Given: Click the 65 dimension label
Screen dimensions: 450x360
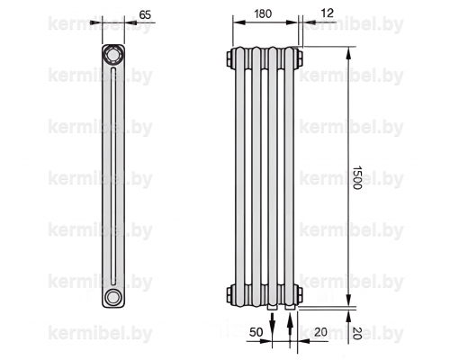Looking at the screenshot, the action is (145, 14).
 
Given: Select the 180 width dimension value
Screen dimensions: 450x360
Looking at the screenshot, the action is (263, 13).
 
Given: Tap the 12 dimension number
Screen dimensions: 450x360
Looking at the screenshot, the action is (328, 13).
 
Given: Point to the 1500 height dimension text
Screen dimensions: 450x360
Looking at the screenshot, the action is (356, 177).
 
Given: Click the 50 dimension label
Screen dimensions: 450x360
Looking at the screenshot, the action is (256, 332).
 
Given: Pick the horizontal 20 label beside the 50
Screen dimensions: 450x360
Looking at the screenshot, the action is (320, 332).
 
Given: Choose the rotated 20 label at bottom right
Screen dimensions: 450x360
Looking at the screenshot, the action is (356, 333).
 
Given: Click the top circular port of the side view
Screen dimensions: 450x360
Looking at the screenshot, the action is (112, 55).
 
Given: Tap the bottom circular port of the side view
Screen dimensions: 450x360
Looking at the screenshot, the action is (112, 297).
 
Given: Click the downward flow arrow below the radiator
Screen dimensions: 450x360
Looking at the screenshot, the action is (272, 321).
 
